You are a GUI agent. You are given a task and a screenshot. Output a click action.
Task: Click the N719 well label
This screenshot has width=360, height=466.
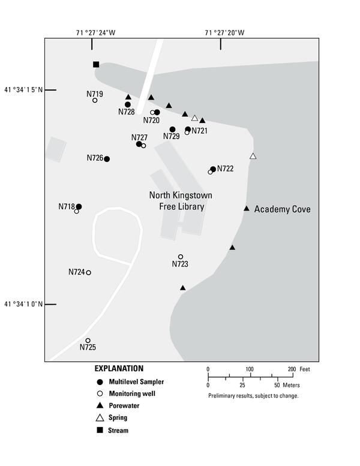click(95, 94)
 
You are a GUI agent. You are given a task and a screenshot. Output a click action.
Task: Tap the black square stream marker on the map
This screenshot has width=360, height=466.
click(96, 64)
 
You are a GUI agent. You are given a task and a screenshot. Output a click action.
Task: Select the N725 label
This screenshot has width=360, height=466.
click(88, 347)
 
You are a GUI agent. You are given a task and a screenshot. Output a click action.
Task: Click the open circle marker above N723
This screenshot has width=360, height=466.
click(181, 257)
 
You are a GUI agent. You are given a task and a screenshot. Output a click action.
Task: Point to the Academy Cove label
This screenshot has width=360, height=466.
click(282, 209)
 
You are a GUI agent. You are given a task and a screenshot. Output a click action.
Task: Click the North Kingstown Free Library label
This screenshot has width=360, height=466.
click(181, 201)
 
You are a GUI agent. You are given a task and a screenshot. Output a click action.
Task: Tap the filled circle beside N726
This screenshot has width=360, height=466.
click(107, 159)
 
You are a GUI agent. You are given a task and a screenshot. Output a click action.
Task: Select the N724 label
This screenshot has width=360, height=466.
click(76, 272)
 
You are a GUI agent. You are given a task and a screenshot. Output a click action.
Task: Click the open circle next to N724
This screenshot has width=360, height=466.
click(89, 273)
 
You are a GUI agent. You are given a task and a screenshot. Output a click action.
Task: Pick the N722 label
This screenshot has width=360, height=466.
click(226, 169)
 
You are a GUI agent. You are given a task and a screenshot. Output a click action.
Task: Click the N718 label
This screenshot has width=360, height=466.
click(66, 206)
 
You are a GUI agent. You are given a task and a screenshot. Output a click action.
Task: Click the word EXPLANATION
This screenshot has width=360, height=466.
click(119, 368)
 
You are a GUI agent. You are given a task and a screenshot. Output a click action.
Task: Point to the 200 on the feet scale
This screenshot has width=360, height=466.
click(291, 369)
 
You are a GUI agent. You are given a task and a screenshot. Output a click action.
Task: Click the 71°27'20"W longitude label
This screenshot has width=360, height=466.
click(224, 33)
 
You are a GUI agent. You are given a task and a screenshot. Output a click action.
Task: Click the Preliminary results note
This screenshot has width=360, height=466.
click(253, 396)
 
